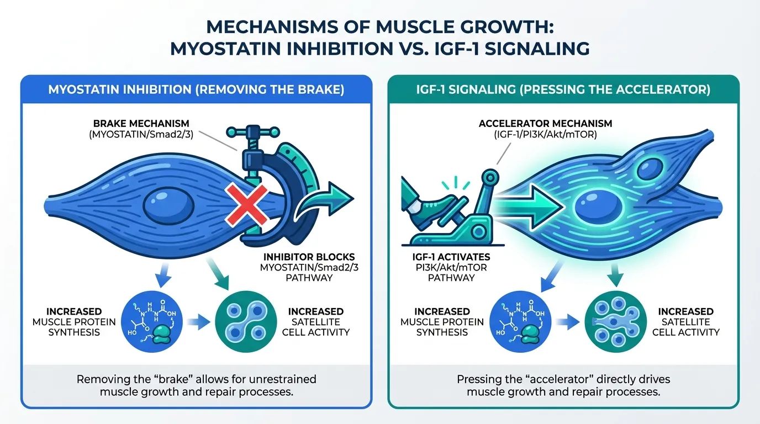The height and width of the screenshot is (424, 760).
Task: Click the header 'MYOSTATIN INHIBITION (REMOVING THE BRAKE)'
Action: tap(196, 89)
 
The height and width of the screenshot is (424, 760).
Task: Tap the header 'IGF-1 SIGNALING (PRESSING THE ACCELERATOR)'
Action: tap(563, 89)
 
